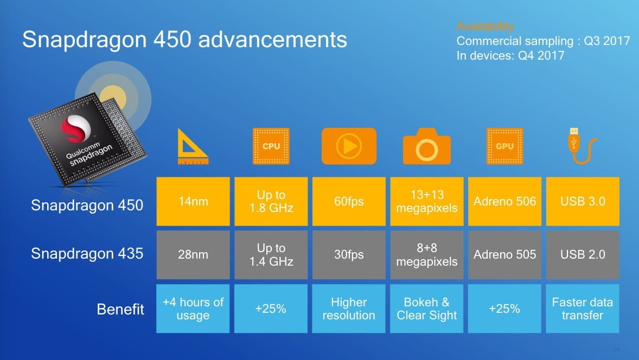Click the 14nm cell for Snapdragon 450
pos(193,201)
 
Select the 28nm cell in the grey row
pos(193,254)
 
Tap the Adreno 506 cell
pos(504,201)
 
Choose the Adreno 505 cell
pos(504,254)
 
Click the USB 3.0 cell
pos(583,201)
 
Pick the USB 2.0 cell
pos(583,254)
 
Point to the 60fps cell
pos(349,201)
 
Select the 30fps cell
pos(349,254)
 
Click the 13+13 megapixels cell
pos(426,201)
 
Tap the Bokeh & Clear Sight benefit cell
pos(426,308)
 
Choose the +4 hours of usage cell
pos(193,308)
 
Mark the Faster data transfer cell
pos(583,308)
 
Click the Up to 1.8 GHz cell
pos(271,201)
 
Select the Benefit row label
pos(120,309)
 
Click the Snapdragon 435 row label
pos(87,254)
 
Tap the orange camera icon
pos(426,146)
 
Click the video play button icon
pos(349,146)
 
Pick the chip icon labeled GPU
pos(504,146)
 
